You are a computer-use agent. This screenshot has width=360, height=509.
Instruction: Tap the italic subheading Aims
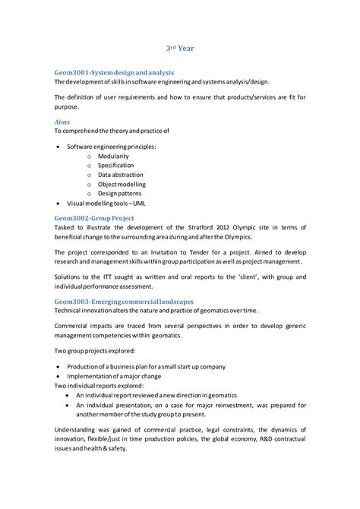tap(63, 120)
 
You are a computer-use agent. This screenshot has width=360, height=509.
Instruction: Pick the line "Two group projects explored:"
tap(93, 351)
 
